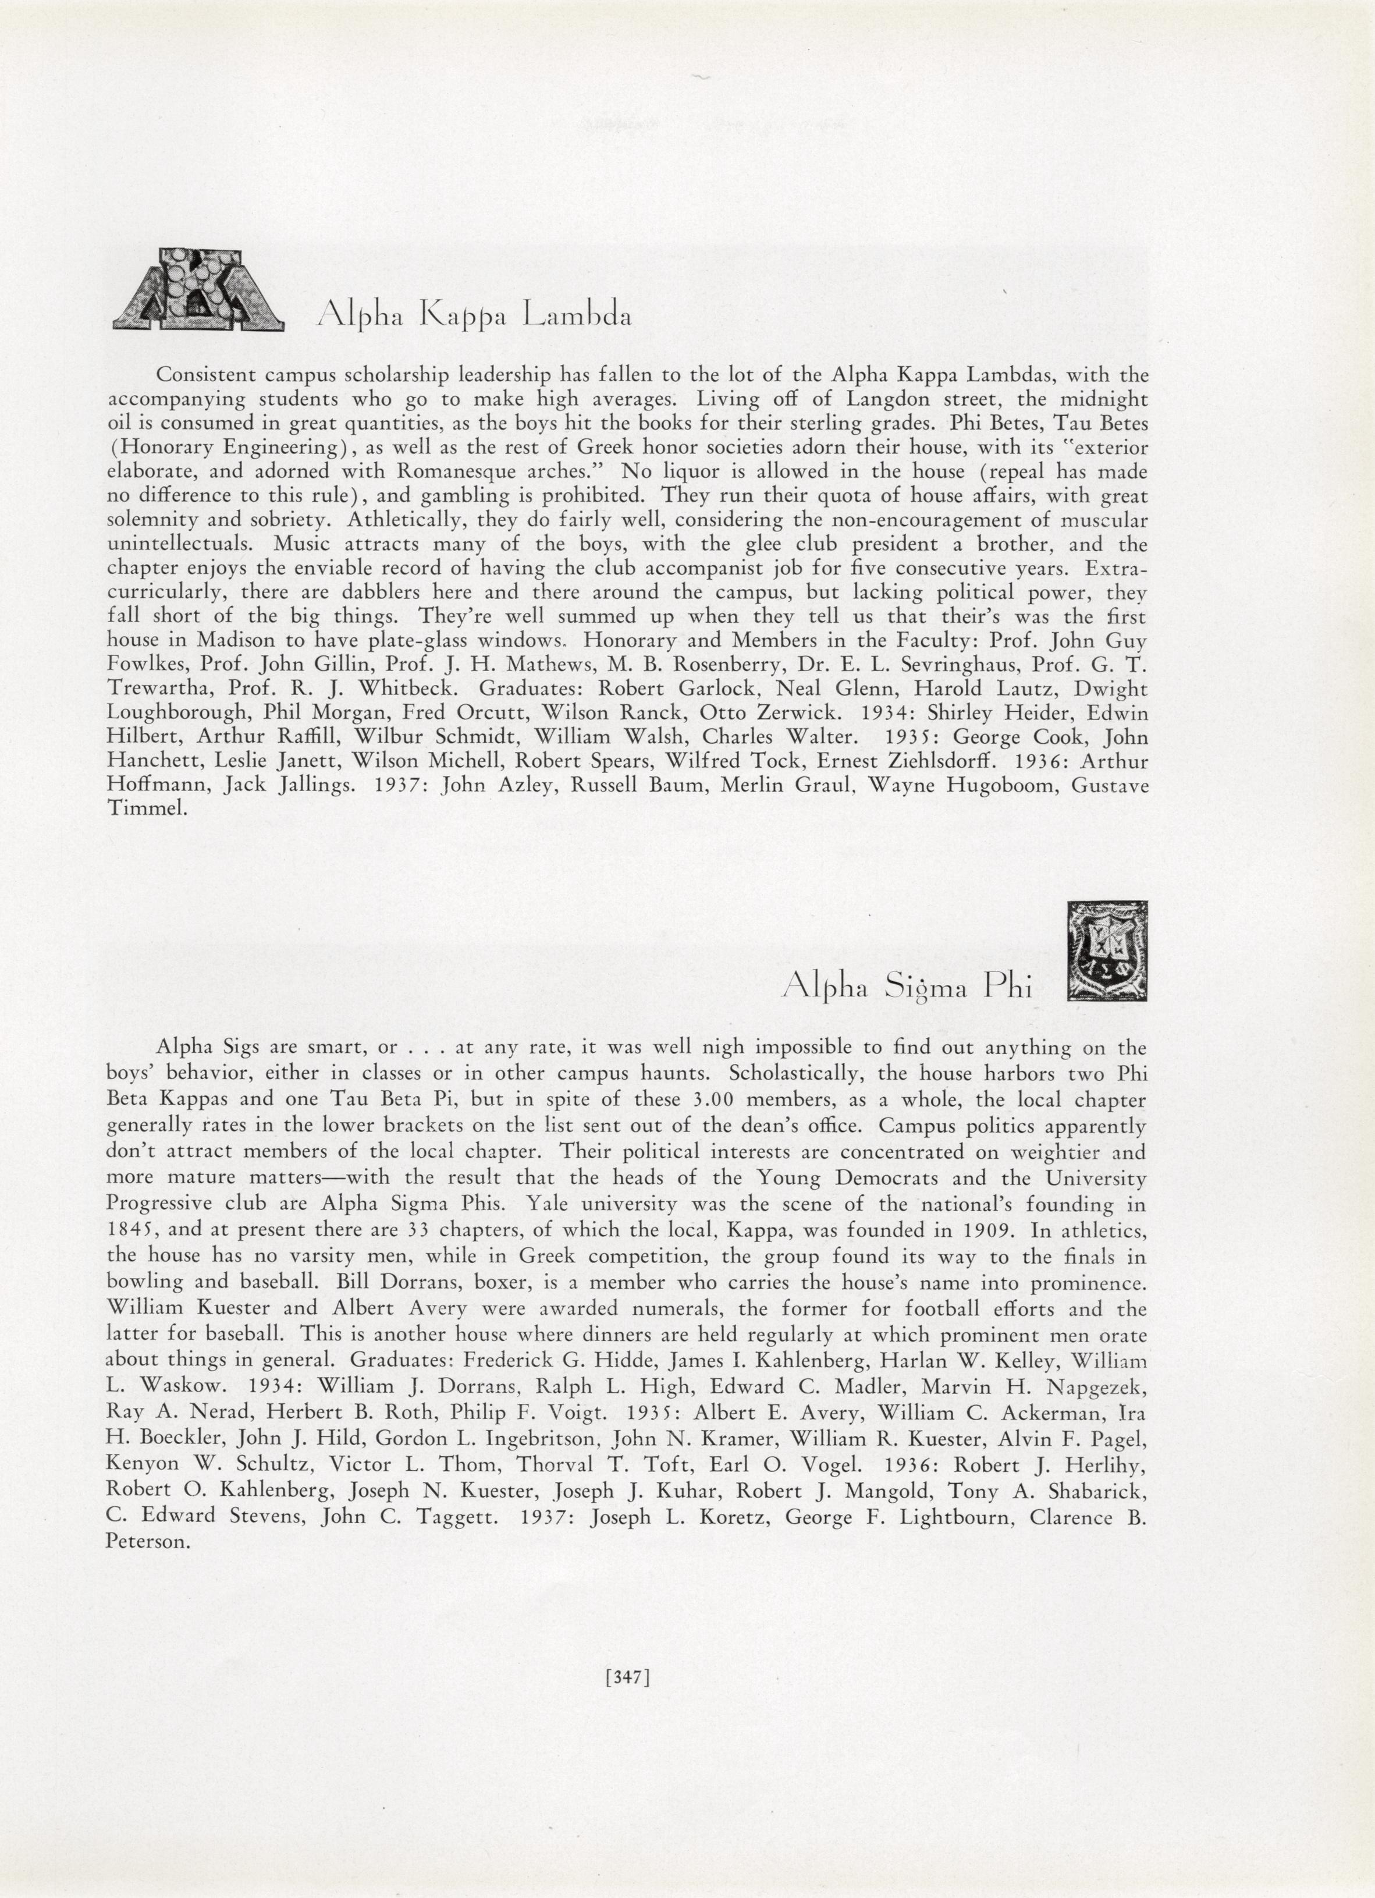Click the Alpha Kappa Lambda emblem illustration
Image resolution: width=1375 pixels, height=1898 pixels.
coord(198,289)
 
